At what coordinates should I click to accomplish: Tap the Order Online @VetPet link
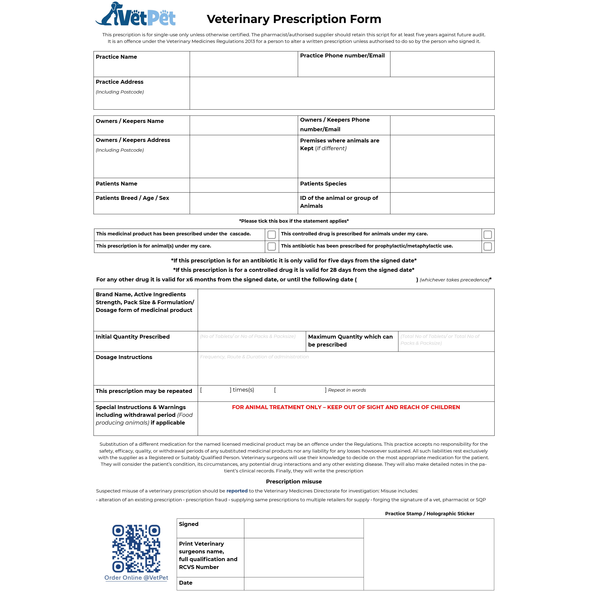tap(136, 578)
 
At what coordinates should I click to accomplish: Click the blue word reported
tap(237, 491)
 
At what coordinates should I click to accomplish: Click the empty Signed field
tap(304, 528)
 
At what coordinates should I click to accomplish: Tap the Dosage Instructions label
tap(124, 357)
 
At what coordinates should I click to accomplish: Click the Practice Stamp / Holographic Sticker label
tap(430, 514)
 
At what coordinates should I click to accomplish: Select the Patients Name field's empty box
tap(244, 185)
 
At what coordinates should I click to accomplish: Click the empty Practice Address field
tap(342, 93)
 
